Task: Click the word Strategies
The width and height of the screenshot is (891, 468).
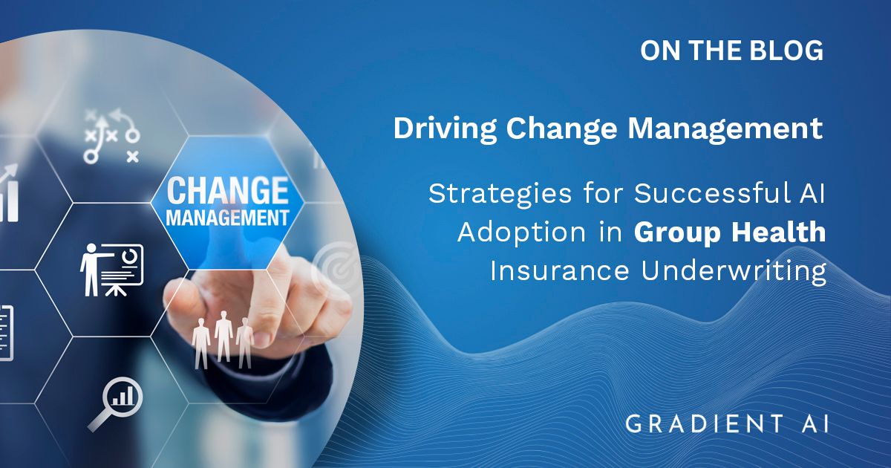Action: click(500, 195)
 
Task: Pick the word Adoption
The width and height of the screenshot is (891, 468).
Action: click(521, 233)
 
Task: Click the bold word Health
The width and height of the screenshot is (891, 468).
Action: click(779, 231)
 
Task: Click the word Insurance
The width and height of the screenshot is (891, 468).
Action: click(560, 270)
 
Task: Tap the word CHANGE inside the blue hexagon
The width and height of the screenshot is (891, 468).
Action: click(228, 191)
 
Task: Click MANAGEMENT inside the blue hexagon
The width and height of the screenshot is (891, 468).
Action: click(227, 218)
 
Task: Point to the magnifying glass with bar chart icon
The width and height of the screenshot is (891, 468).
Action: click(116, 403)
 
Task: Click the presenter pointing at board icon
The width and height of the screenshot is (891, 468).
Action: click(112, 270)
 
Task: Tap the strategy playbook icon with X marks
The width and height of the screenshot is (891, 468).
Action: click(112, 136)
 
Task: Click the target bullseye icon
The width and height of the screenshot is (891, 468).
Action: click(337, 267)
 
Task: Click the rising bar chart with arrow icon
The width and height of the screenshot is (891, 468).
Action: click(9, 192)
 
